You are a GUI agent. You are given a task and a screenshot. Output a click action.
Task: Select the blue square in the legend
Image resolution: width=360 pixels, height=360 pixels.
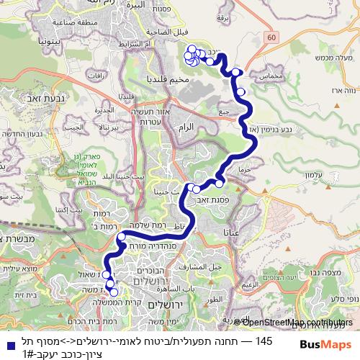click(x=6, y=345)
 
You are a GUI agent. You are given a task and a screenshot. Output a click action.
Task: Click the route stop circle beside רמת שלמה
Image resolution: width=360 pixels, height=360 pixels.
click(x=122, y=236)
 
